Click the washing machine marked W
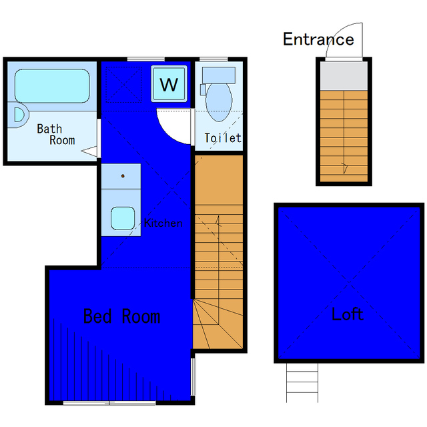coord(169,83)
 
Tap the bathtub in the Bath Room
coord(52,86)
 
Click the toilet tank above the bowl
coord(219,75)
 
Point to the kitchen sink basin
coord(123,218)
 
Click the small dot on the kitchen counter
coord(123,176)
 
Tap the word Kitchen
coord(163,223)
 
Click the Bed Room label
coord(121,316)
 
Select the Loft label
coord(348,314)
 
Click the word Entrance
coord(318,39)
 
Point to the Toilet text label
coord(223,138)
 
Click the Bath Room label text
coord(56,134)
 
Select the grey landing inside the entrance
coord(344,76)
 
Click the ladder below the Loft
coord(302,382)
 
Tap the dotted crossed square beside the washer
coord(123,85)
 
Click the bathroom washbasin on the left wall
coord(18,115)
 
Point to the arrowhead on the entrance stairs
coord(345,167)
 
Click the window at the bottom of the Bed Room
coord(109,403)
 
